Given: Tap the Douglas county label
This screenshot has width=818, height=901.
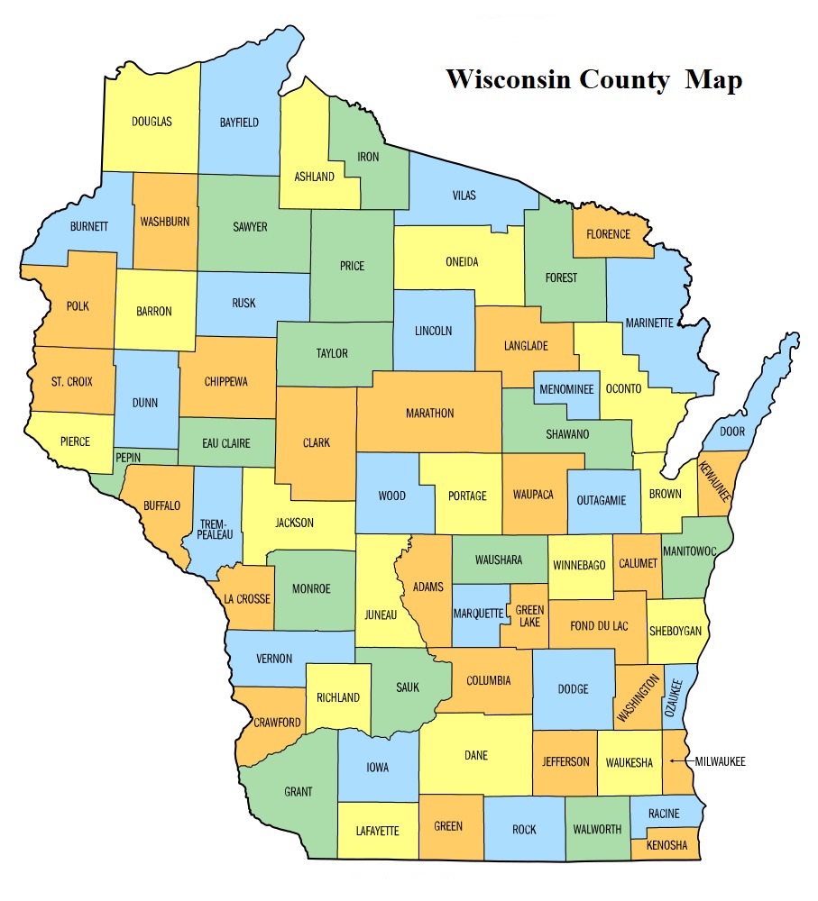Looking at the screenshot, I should [152, 122].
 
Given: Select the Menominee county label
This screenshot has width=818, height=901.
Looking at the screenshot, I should [566, 390].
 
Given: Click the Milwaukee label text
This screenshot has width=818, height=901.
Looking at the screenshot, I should [720, 762].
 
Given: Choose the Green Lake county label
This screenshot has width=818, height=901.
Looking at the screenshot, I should [529, 615].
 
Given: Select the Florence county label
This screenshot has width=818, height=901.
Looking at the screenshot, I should [608, 234].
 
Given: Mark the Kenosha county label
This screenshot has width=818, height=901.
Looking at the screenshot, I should [666, 845].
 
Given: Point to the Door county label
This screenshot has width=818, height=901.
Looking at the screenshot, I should [732, 432].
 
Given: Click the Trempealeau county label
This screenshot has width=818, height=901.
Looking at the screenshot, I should [215, 529].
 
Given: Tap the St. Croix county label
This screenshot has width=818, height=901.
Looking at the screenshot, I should [71, 381].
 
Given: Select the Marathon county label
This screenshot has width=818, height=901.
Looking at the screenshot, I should [429, 414].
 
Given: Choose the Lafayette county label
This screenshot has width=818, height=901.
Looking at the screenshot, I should [376, 831].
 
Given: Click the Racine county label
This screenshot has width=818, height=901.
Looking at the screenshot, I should [663, 814].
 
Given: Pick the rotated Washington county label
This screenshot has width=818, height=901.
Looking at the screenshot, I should [639, 698].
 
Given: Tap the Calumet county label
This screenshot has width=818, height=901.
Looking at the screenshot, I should [638, 564].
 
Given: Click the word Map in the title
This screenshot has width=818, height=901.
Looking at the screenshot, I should [713, 79].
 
